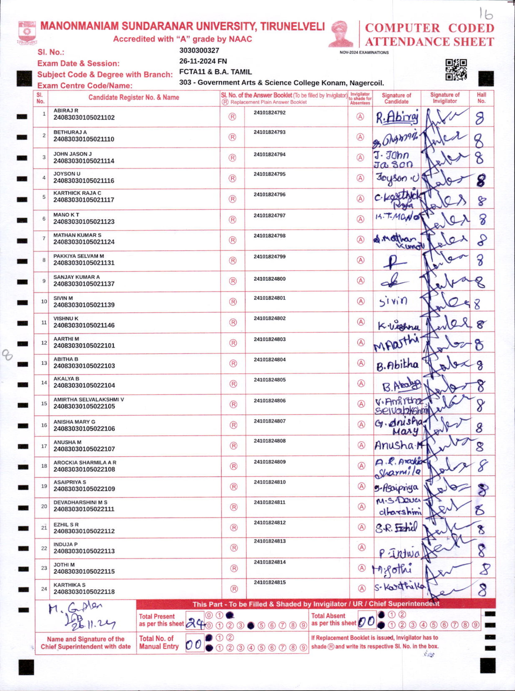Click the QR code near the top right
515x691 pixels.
(x=456, y=70)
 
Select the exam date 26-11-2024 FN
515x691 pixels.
(x=203, y=61)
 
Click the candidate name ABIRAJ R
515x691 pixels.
(x=66, y=110)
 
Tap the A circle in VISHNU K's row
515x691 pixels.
(x=361, y=322)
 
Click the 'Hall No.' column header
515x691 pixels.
(x=481, y=98)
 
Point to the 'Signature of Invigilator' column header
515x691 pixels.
(x=445, y=98)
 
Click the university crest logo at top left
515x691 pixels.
(x=27, y=32)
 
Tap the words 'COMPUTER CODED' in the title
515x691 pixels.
(x=430, y=28)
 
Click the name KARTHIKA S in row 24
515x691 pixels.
(x=69, y=585)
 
